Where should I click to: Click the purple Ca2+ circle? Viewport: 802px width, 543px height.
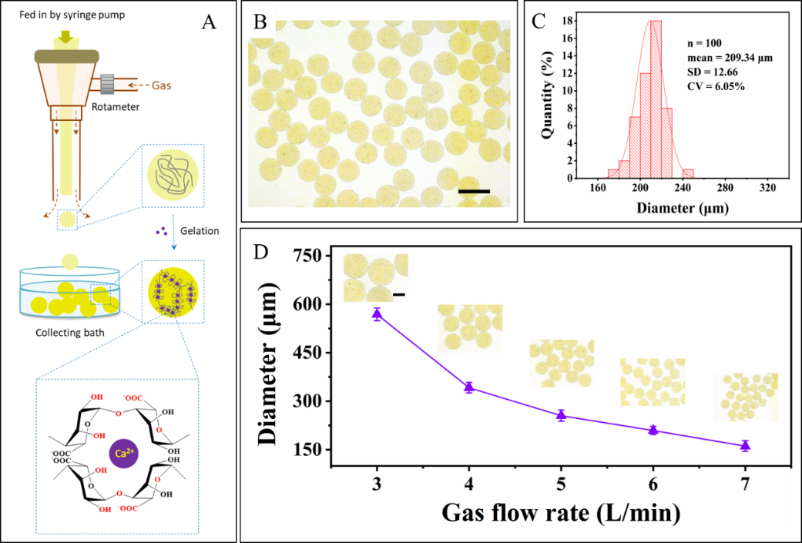(122, 453)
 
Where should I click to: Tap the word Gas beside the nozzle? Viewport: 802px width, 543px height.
(161, 85)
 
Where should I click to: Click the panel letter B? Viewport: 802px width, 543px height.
(260, 22)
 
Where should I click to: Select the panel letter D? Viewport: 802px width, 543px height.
(260, 252)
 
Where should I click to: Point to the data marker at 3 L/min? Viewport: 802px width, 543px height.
(377, 313)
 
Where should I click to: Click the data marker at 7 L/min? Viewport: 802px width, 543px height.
(745, 445)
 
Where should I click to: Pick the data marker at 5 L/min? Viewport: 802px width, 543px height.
(561, 415)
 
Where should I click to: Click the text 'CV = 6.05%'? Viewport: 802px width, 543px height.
(716, 86)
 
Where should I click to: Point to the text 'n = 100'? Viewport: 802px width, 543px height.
(703, 43)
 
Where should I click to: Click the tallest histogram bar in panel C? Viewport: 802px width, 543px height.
(656, 99)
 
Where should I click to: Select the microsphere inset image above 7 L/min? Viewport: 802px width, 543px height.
(745, 397)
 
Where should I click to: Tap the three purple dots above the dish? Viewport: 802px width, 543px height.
(161, 230)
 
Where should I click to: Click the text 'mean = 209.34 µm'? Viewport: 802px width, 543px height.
(729, 57)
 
